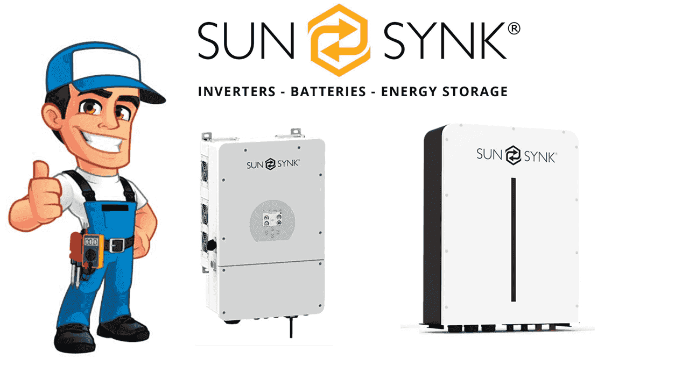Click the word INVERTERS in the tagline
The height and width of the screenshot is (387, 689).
pyautogui.click(x=236, y=91)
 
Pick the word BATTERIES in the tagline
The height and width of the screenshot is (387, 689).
pyautogui.click(x=328, y=91)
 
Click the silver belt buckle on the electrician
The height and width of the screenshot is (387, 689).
pyautogui.click(x=115, y=245)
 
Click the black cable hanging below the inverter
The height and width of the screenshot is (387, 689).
pyautogui.click(x=291, y=328)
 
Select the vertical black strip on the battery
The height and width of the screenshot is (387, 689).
pyautogui.click(x=514, y=240)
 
